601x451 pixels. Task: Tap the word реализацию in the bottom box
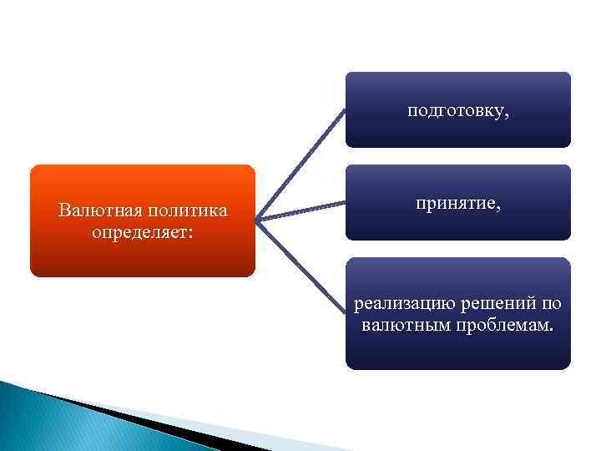point(396,303)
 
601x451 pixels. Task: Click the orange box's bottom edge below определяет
point(142,276)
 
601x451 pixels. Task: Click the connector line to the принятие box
point(300,212)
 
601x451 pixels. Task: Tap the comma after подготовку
point(506,115)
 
